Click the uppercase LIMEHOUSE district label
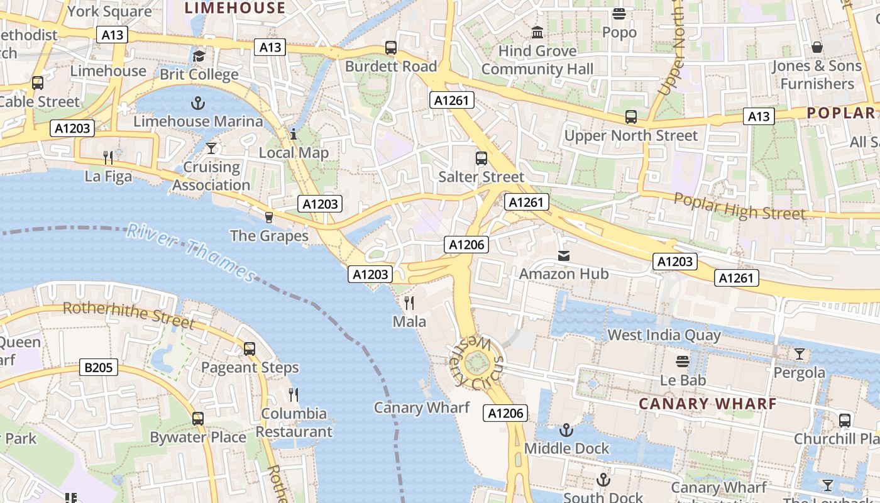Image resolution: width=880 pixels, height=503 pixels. [235, 8]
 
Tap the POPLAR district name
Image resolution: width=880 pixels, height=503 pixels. [841, 113]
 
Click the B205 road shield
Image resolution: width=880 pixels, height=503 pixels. [99, 367]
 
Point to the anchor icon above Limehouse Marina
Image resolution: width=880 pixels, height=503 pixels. [199, 102]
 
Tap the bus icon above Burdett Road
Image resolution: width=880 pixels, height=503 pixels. [391, 48]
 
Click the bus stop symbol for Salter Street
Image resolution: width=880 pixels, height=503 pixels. [481, 158]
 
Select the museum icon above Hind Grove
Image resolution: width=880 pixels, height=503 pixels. [537, 32]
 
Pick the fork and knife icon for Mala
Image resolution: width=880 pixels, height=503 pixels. [409, 303]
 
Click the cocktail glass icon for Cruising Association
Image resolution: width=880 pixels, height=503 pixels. [211, 148]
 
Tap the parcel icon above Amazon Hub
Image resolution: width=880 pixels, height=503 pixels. [564, 256]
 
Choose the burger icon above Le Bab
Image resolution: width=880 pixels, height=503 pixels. [683, 362]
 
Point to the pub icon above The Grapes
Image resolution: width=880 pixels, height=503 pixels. [269, 217]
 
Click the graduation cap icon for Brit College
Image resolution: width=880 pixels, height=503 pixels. [199, 56]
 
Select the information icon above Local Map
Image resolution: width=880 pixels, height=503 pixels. [294, 134]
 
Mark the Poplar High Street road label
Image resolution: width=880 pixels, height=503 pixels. [739, 207]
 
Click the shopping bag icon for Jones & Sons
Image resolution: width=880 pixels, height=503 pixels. [817, 47]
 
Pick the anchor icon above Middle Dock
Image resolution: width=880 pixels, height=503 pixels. [566, 430]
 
